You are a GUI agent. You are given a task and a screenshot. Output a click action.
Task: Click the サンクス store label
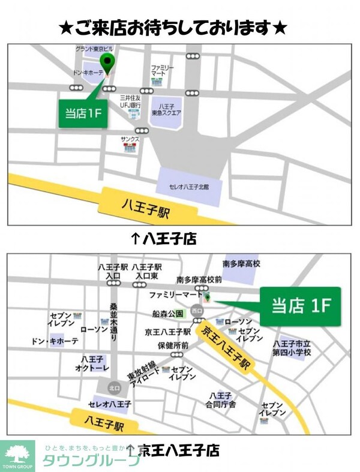coord(130,140)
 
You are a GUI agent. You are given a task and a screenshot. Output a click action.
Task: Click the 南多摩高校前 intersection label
coord(199,279)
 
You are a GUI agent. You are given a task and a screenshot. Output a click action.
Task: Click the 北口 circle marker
coord(114,388)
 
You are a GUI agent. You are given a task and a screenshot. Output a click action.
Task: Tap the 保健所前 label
coord(173,345)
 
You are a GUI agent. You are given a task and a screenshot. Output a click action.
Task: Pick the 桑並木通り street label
coord(114,318)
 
